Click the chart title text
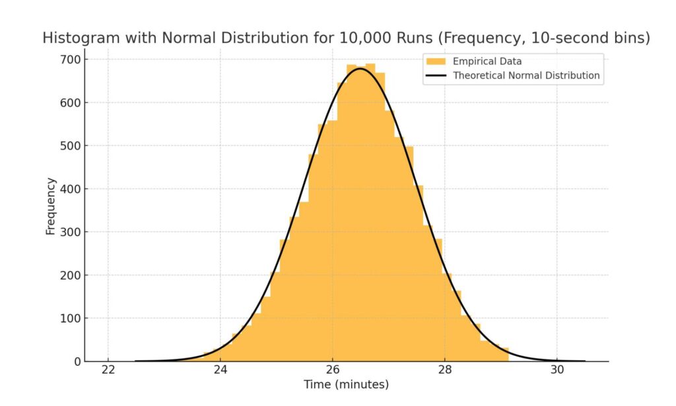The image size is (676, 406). pyautogui.click(x=346, y=38)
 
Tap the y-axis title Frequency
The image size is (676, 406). pyautogui.click(x=50, y=206)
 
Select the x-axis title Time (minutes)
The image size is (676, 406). pyautogui.click(x=346, y=384)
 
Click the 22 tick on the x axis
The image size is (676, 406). pyautogui.click(x=108, y=369)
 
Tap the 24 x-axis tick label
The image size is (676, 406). pyautogui.click(x=220, y=369)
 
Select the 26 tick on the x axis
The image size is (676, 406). pyautogui.click(x=333, y=369)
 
